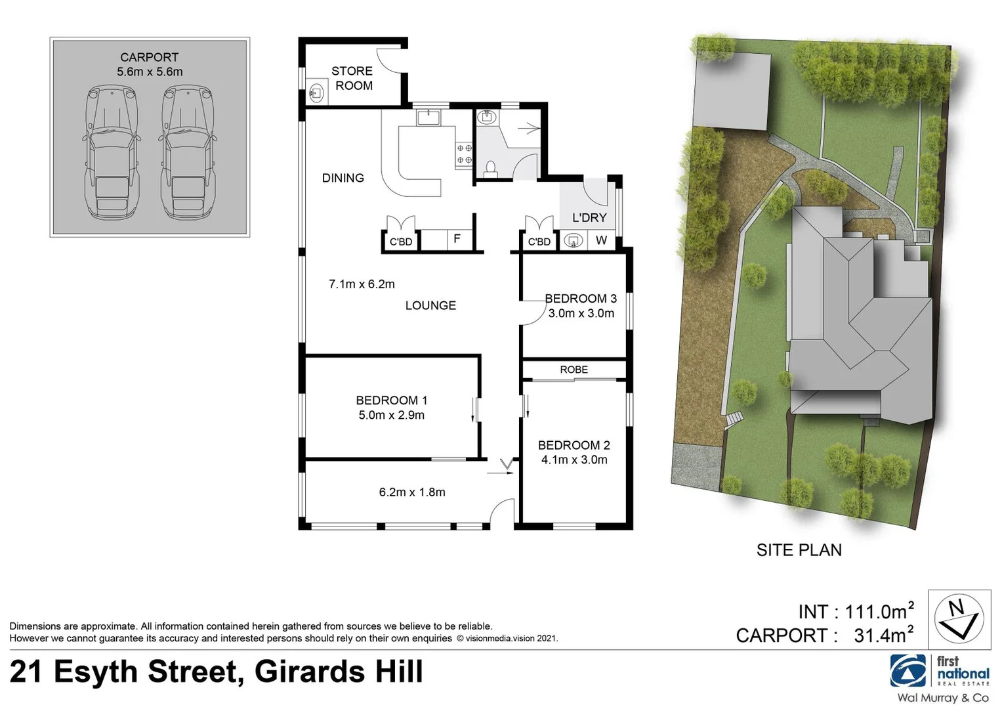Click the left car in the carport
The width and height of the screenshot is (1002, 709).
(x=112, y=154)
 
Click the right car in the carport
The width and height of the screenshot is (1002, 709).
(x=188, y=154)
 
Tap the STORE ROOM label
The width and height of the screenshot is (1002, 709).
(x=353, y=78)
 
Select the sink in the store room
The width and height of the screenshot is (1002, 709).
(x=316, y=92)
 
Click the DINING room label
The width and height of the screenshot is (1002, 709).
(x=343, y=178)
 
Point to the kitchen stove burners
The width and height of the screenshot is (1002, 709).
(x=464, y=154)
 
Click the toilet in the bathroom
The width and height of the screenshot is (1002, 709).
(x=490, y=169)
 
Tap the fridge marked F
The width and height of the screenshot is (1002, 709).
(x=457, y=239)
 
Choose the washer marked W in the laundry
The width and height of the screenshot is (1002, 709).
(x=601, y=240)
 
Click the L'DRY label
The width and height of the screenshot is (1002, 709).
(x=589, y=217)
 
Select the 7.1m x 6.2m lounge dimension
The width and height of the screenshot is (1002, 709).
(x=362, y=284)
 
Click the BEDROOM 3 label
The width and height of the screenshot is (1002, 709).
(x=581, y=299)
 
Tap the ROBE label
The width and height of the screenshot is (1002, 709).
(x=574, y=370)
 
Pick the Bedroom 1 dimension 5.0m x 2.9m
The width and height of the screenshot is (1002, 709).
(x=391, y=415)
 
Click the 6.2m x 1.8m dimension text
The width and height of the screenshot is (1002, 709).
(x=412, y=492)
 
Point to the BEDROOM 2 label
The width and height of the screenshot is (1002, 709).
(x=574, y=445)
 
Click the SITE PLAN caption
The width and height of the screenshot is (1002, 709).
(x=799, y=550)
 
